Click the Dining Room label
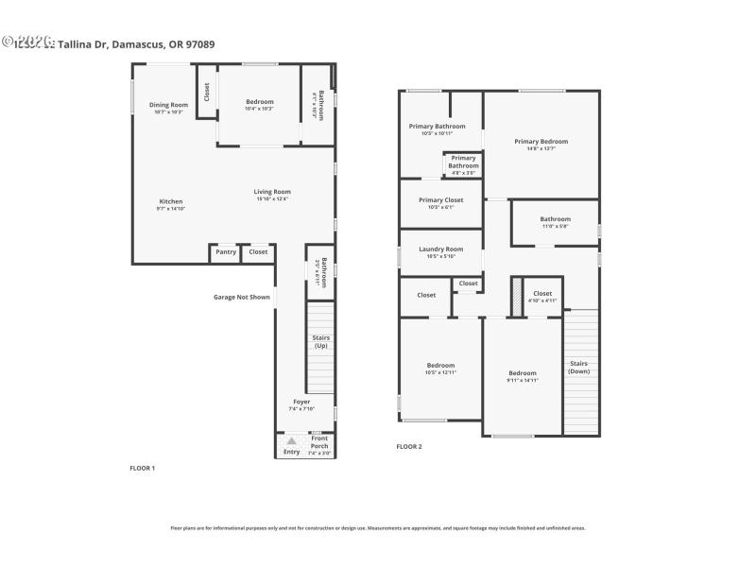(168, 104)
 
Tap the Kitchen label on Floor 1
(170, 201)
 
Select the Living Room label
(271, 192)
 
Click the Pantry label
(226, 251)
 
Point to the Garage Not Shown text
(241, 297)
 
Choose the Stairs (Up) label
(320, 341)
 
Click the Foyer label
(301, 402)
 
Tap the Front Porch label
(320, 440)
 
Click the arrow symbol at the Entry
(292, 440)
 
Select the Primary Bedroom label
(541, 142)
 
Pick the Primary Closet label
(440, 200)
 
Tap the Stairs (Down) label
(578, 367)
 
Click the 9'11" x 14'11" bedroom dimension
(522, 380)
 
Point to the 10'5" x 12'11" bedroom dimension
(440, 372)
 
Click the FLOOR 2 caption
(408, 446)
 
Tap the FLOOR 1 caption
(142, 468)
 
